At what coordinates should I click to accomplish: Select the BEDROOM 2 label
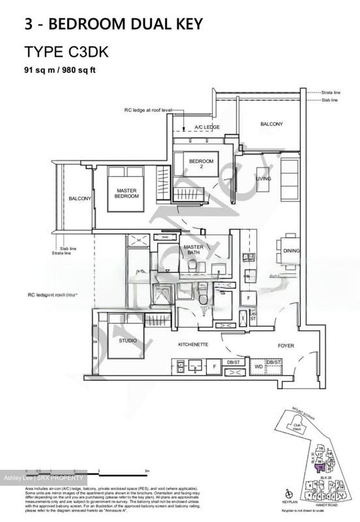pyautogui.click(x=201, y=164)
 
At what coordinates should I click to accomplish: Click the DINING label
pyautogui.click(x=291, y=250)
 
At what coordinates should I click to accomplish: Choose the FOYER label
pyautogui.click(x=286, y=345)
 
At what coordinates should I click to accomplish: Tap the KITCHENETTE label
pyautogui.click(x=193, y=344)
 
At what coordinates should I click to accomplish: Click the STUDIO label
pyautogui.click(x=128, y=341)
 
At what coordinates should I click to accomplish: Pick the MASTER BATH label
pyautogui.click(x=194, y=250)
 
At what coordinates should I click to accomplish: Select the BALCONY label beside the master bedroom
pyautogui.click(x=80, y=199)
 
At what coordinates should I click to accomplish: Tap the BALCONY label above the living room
pyautogui.click(x=272, y=124)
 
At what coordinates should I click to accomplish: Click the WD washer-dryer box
pyautogui.click(x=258, y=367)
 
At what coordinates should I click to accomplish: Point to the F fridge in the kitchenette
pyautogui.click(x=214, y=367)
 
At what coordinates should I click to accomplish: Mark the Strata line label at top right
pyautogui.click(x=331, y=93)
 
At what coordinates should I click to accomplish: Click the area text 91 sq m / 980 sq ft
pyautogui.click(x=60, y=70)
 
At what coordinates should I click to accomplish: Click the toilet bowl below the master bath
pyautogui.click(x=202, y=298)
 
